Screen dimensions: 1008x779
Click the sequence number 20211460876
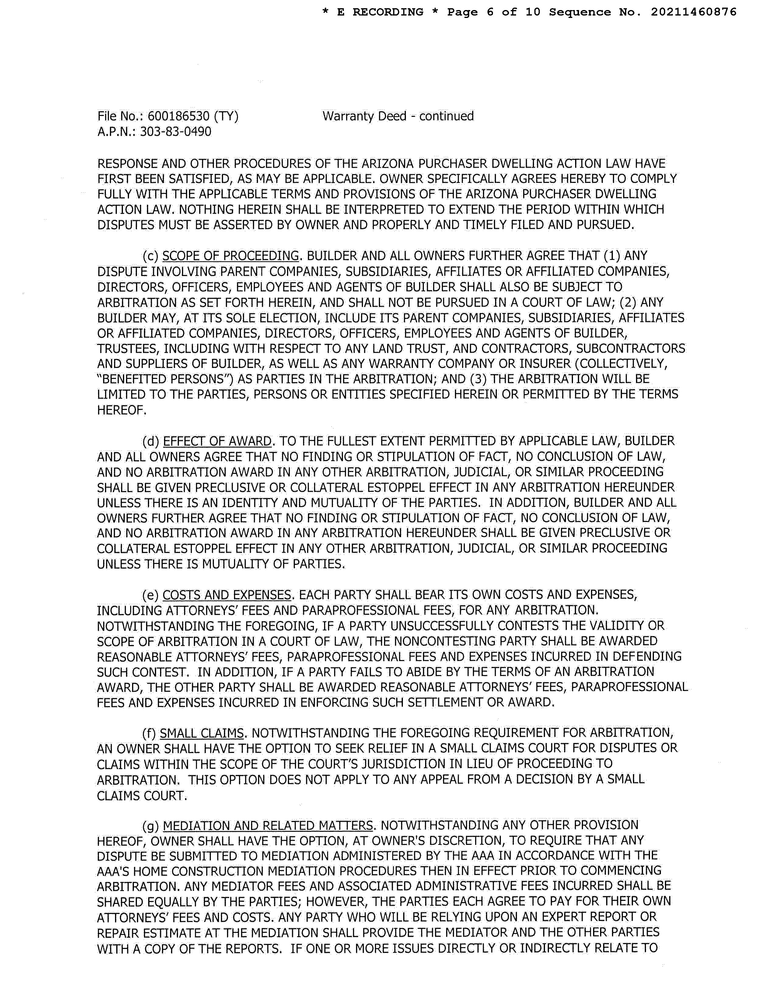(x=693, y=12)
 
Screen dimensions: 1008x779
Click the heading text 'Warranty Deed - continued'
(x=398, y=116)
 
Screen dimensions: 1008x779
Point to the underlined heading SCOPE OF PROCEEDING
(x=231, y=256)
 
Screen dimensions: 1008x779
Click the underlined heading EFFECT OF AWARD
(x=217, y=441)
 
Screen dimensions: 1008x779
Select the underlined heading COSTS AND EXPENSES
(x=227, y=595)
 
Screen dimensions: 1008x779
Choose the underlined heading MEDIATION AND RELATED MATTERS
(x=268, y=825)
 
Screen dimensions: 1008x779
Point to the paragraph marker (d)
(x=151, y=441)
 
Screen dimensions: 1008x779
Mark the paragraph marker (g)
(x=151, y=825)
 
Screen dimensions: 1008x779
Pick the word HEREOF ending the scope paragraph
(x=121, y=410)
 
